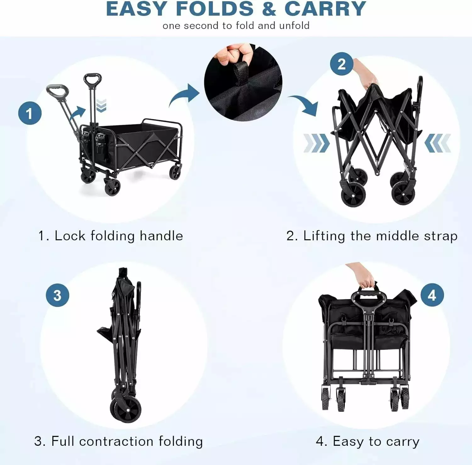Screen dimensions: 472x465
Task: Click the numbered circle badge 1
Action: (x=30, y=113)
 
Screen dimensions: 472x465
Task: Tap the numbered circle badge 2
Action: (x=342, y=64)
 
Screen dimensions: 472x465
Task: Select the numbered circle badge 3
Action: (x=58, y=295)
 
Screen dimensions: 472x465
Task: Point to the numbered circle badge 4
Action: (x=432, y=295)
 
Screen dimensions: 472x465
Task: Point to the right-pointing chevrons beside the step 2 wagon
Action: (x=316, y=143)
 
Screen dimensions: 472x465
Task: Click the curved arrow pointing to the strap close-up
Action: (x=184, y=95)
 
